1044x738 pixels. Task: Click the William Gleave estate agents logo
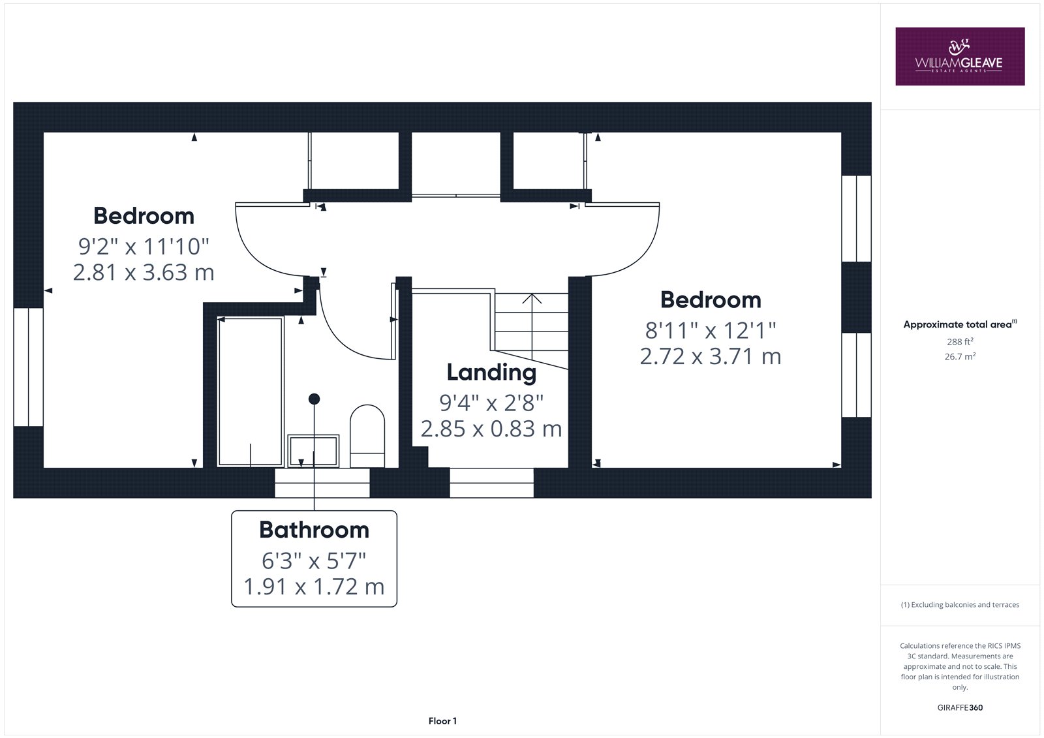960,56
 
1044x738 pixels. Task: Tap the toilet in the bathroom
367,436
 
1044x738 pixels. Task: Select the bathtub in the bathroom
251,392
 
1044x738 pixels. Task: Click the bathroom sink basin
313,451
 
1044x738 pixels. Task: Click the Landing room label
491,373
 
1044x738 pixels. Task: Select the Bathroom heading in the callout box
314,530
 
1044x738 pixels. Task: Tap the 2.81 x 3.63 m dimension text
144,272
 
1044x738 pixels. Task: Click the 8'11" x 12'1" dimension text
711,331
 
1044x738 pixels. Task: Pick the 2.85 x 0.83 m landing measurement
491,429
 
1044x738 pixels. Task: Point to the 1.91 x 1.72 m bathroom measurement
314,587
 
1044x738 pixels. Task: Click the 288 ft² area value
960,341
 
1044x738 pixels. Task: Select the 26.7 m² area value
960,356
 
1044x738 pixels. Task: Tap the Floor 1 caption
442,721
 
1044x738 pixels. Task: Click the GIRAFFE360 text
960,707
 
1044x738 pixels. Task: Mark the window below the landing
492,483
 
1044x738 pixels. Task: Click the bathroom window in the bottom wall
322,483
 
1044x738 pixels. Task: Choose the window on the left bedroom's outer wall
29,367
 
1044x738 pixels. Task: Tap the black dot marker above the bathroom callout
314,399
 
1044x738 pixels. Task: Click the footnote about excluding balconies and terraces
960,605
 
